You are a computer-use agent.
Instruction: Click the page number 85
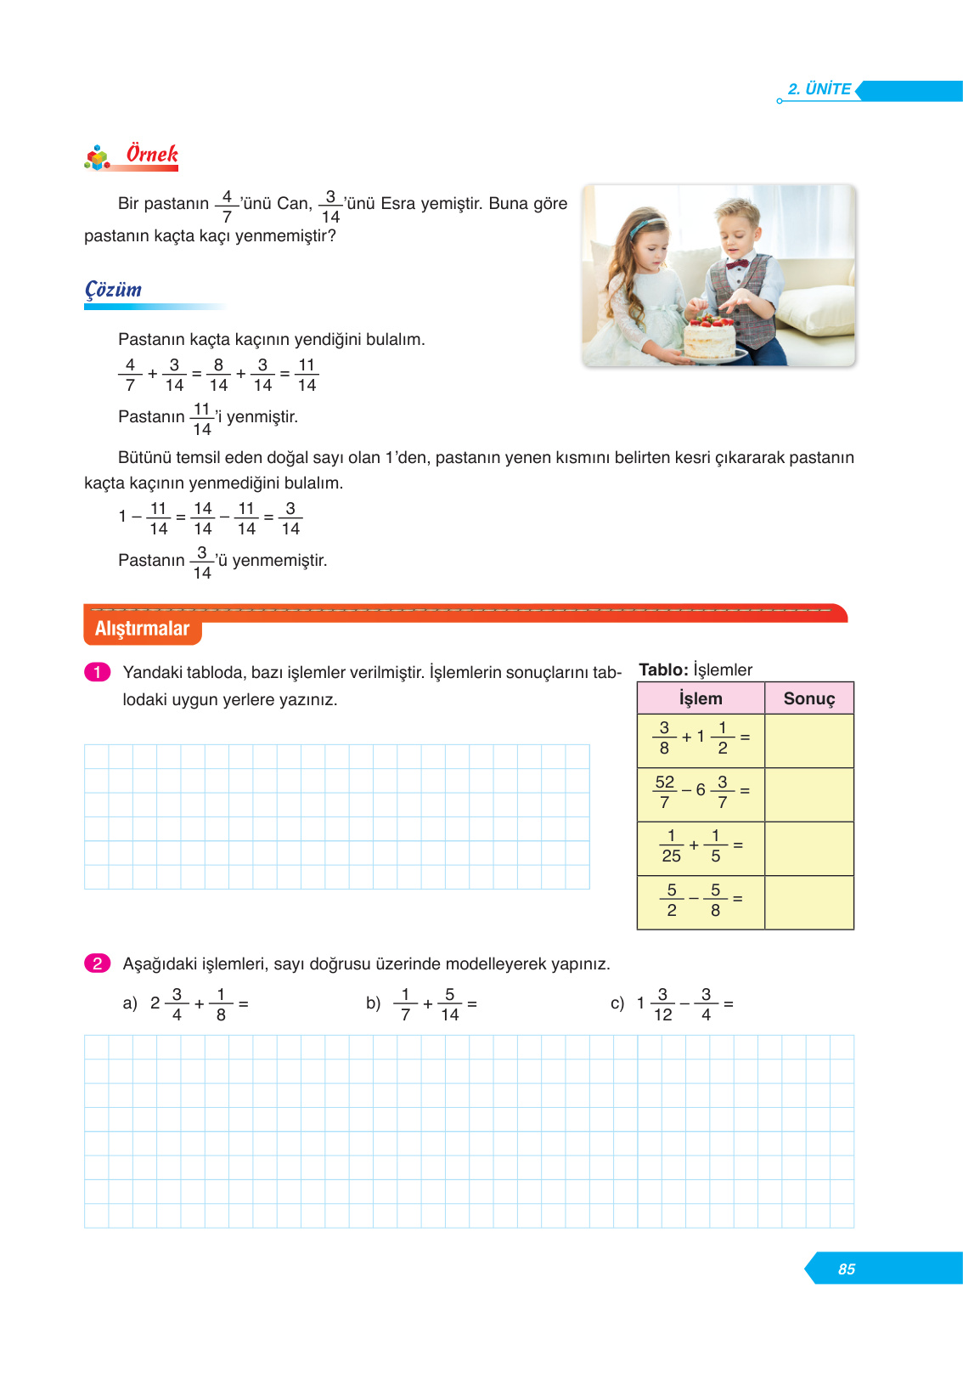point(846,1269)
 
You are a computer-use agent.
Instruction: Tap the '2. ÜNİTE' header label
point(819,89)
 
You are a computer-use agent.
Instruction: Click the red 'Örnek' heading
point(152,155)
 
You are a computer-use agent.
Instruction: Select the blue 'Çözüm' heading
point(113,290)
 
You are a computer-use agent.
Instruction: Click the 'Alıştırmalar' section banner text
point(142,629)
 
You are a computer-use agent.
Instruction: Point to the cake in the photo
point(709,336)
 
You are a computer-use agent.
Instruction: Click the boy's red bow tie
point(736,263)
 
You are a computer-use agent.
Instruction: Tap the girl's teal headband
point(649,223)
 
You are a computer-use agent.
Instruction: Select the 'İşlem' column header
point(701,698)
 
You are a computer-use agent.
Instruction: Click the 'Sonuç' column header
point(808,698)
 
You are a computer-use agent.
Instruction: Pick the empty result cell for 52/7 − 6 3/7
point(808,794)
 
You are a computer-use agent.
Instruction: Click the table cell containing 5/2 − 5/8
point(701,902)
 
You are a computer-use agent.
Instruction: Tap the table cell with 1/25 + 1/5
point(701,848)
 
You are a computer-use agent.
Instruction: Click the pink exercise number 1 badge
point(98,672)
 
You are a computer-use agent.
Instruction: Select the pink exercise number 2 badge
point(98,963)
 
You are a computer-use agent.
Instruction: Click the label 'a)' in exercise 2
point(130,1003)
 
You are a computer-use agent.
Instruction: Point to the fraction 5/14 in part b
point(449,1004)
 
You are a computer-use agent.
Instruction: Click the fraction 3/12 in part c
point(662,1004)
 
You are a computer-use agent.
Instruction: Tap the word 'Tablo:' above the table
point(663,670)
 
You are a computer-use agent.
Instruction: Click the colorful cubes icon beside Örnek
point(98,157)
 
